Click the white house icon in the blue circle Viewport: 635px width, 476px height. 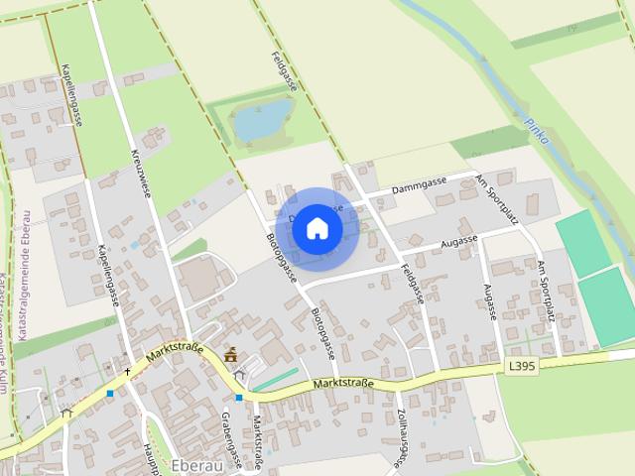click(x=317, y=228)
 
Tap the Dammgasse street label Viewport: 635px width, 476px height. click(x=420, y=183)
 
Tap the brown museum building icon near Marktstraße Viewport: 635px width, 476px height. click(x=231, y=355)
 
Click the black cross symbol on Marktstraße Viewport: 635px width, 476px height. click(x=127, y=373)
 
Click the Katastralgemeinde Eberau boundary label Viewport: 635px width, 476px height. click(x=23, y=248)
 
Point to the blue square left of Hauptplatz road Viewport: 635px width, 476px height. click(x=110, y=394)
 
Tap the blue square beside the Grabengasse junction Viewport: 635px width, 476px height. click(x=238, y=397)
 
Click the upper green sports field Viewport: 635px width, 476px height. click(x=583, y=243)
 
